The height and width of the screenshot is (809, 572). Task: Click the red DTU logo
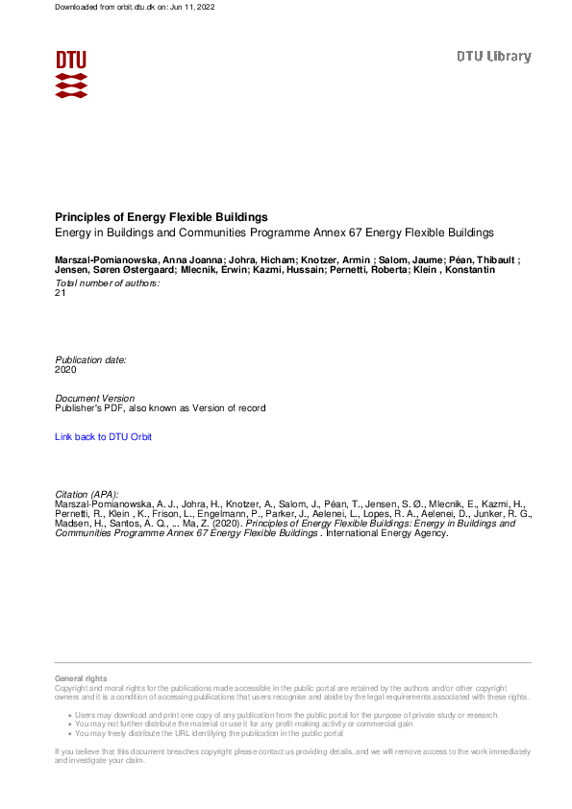point(71,73)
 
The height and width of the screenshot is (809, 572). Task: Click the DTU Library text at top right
point(493,57)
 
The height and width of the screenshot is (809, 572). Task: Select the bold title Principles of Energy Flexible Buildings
point(162,217)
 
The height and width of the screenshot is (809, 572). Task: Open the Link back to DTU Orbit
point(104,437)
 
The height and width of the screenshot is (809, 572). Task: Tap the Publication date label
point(91,359)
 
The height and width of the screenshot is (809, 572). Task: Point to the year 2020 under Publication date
point(66,369)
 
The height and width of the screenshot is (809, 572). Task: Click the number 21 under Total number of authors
point(62,293)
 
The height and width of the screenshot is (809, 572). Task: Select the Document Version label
point(95,398)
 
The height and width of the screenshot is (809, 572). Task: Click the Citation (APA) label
point(87,494)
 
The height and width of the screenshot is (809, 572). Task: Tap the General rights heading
point(82,679)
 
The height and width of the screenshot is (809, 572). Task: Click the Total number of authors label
point(108,282)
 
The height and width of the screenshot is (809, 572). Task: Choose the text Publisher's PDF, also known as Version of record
point(161,408)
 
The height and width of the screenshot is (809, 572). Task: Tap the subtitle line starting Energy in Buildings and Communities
point(274,233)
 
